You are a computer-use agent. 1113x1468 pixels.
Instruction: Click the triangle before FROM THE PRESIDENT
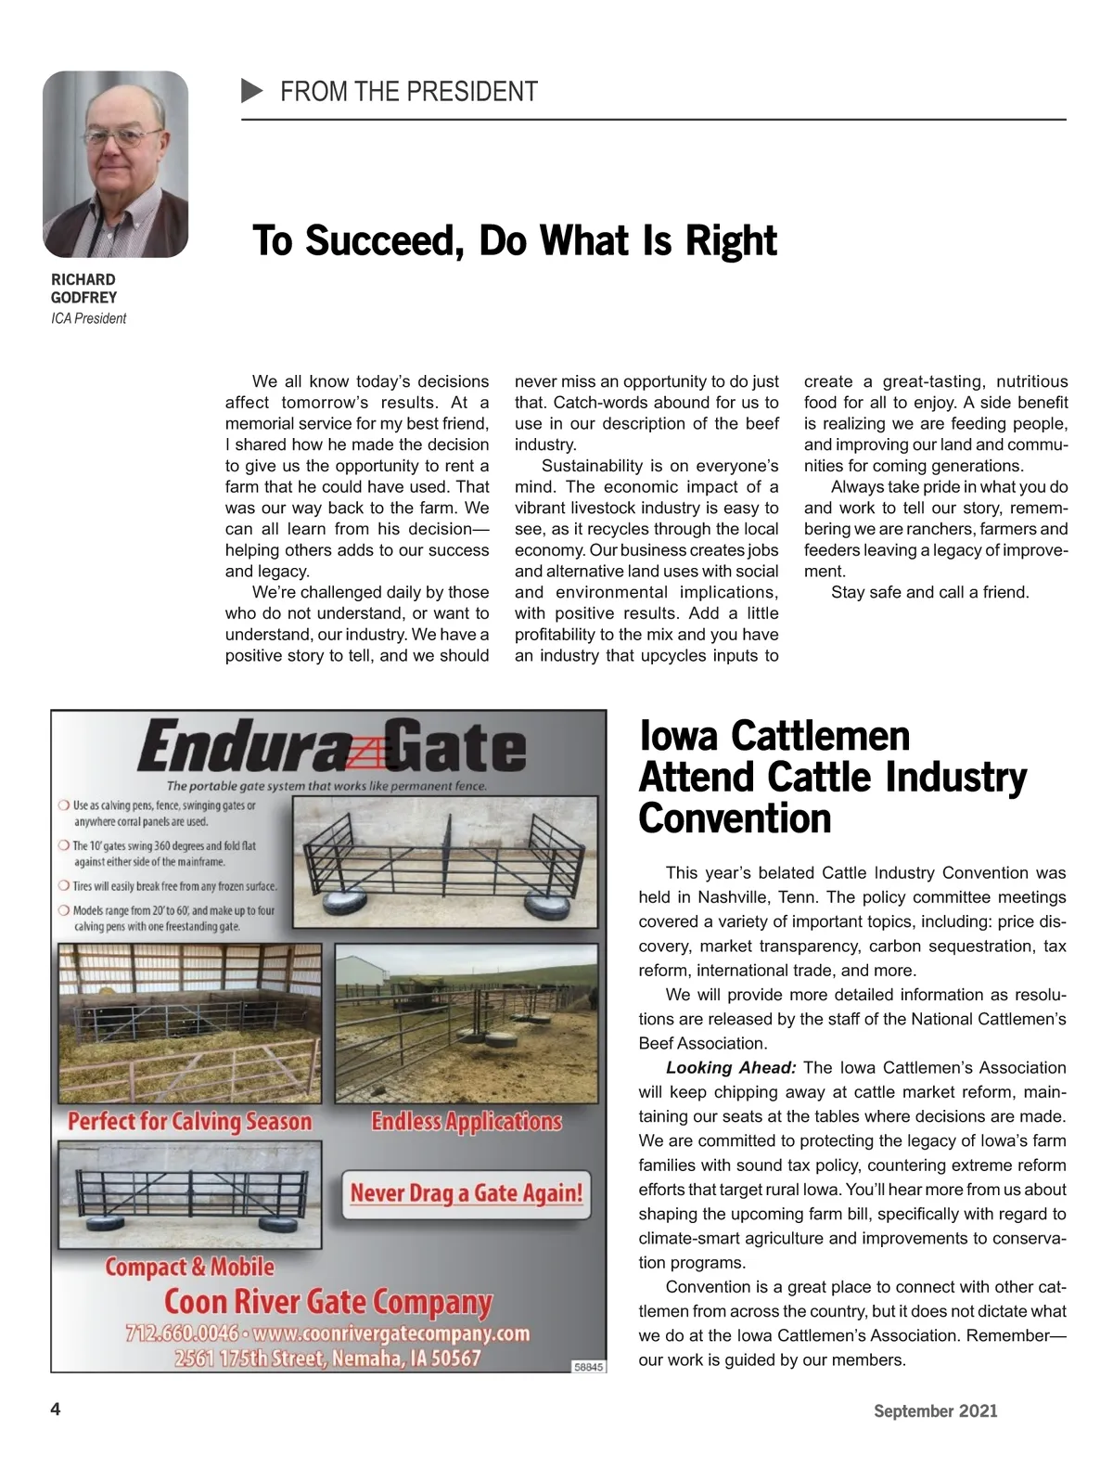click(x=251, y=91)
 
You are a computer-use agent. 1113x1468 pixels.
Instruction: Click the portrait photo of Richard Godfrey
click(x=115, y=164)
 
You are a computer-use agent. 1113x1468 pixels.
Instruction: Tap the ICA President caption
click(x=88, y=318)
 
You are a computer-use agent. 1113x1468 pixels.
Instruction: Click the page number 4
click(x=56, y=1410)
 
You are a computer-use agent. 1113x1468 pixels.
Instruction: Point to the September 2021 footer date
click(x=935, y=1410)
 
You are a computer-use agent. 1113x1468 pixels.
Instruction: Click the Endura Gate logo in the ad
click(x=331, y=748)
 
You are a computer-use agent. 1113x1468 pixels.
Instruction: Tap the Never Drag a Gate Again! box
click(x=466, y=1193)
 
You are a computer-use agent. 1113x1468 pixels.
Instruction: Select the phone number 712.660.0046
click(x=181, y=1334)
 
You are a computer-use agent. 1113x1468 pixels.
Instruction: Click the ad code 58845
click(x=588, y=1366)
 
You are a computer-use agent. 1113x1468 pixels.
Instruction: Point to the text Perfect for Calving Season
click(x=190, y=1122)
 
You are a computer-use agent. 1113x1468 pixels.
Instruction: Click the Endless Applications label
click(x=467, y=1122)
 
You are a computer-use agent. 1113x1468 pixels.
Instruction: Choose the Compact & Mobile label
click(x=190, y=1268)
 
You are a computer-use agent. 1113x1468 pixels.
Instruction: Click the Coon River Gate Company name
click(x=328, y=1303)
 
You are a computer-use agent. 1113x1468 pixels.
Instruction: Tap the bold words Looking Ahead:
click(x=731, y=1067)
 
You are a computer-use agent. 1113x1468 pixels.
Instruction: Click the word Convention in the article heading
click(x=735, y=818)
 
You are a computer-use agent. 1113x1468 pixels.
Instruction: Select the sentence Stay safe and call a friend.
click(x=929, y=592)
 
